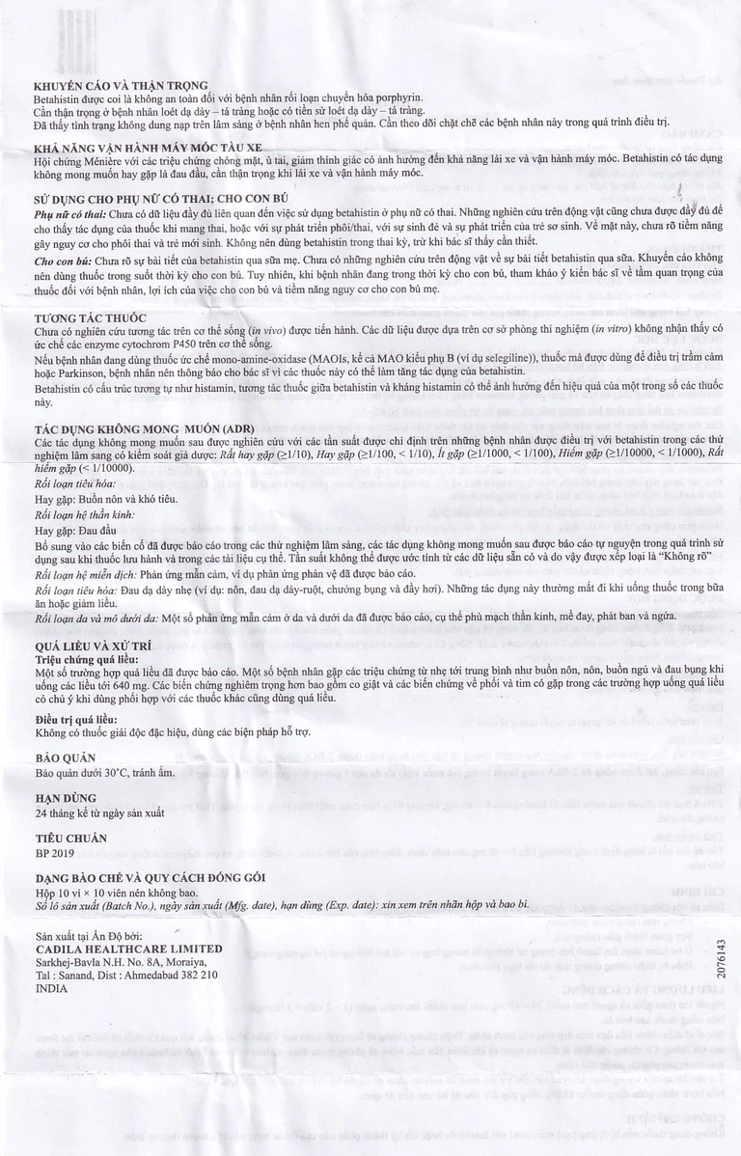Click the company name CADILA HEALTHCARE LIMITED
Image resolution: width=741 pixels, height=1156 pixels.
click(x=127, y=949)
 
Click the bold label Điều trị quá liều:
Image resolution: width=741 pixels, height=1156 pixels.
click(x=85, y=720)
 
